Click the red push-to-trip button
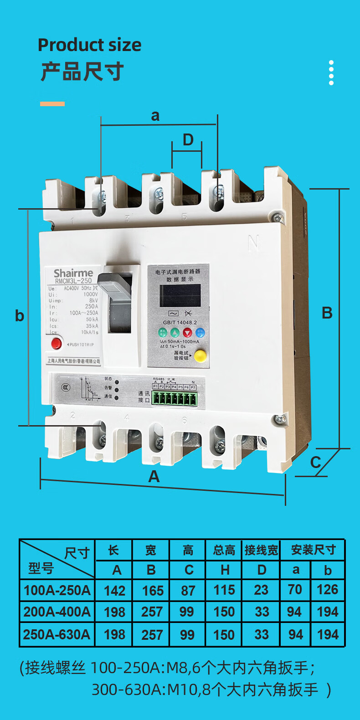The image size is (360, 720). click(56, 343)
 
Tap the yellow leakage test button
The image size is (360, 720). click(200, 355)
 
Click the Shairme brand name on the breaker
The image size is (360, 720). click(73, 273)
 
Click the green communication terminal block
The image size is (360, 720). click(175, 399)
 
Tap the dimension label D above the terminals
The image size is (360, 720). click(188, 140)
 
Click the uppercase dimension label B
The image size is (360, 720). click(327, 313)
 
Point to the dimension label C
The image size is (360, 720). click(315, 462)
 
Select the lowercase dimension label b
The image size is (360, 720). click(19, 315)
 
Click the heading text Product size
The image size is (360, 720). click(89, 45)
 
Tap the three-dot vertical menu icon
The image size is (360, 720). click(331, 72)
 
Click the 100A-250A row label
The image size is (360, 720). click(57, 590)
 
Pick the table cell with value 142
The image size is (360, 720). click(114, 591)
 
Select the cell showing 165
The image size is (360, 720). click(153, 591)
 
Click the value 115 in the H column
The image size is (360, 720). click(224, 590)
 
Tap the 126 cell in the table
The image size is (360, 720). click(328, 590)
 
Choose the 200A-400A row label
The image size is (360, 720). click(57, 612)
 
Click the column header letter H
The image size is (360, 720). click(225, 570)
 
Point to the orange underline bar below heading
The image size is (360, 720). click(52, 104)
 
